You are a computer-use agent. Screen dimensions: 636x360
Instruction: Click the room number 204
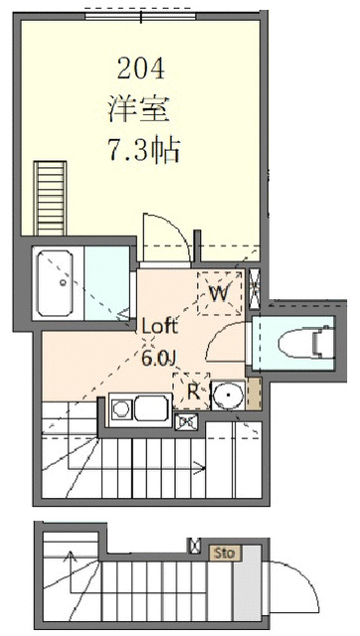tap(140, 69)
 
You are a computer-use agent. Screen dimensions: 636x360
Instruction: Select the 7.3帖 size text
tap(142, 149)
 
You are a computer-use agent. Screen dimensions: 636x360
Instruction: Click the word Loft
tap(160, 326)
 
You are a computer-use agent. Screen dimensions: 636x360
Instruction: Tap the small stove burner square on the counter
tap(121, 407)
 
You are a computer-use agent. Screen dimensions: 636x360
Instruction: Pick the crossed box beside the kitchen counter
tap(186, 422)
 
